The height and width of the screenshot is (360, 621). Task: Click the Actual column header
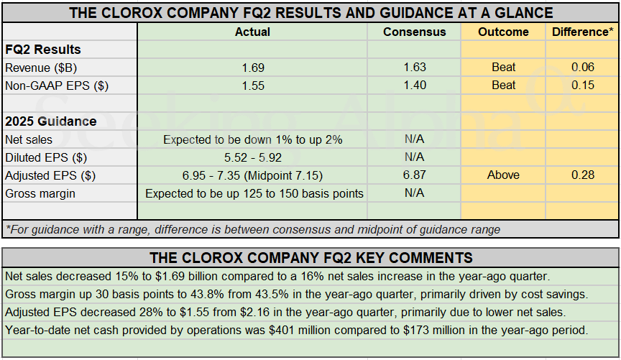pos(252,32)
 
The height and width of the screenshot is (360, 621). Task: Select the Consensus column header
pos(414,32)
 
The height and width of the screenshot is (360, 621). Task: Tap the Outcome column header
pos(503,32)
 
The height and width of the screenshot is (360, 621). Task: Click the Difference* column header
pos(582,32)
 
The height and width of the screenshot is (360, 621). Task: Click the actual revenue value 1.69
pos(253,68)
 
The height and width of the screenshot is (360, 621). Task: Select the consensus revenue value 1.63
pos(414,68)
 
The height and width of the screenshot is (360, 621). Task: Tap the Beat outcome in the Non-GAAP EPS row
pos(503,86)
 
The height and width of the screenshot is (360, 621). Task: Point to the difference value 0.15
pos(582,86)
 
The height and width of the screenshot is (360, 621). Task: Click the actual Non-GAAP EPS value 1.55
pos(253,86)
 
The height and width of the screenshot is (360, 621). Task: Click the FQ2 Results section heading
pos(43,50)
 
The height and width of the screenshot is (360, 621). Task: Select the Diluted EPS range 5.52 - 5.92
pos(253,157)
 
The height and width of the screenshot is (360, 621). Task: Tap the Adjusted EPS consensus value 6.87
pos(414,175)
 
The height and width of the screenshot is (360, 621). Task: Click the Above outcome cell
pos(503,175)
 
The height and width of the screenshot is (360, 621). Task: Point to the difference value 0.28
pos(582,175)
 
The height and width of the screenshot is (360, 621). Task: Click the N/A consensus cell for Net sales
pos(414,139)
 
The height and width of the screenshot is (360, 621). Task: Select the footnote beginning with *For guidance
pos(252,230)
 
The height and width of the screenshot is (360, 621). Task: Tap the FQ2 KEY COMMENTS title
pos(310,258)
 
